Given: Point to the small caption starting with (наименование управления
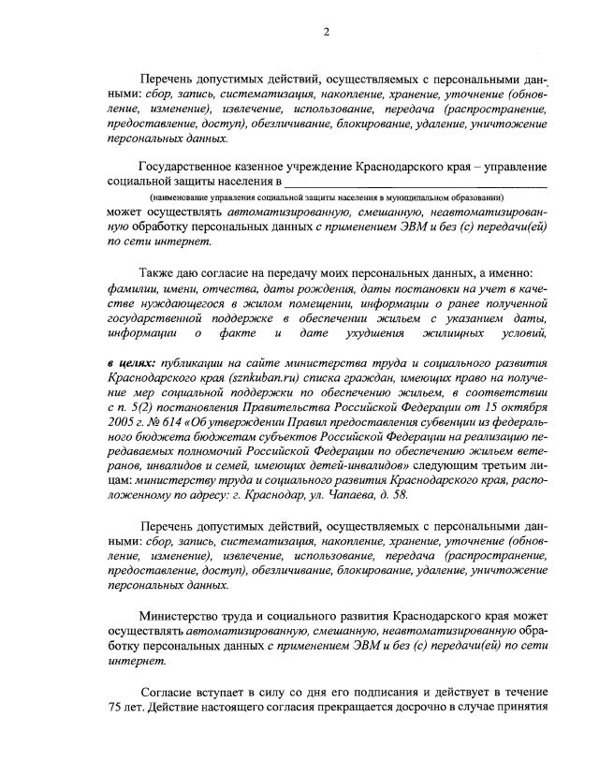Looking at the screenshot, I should tap(328, 197).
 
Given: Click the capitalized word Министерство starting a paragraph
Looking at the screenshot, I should tap(181, 617).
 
